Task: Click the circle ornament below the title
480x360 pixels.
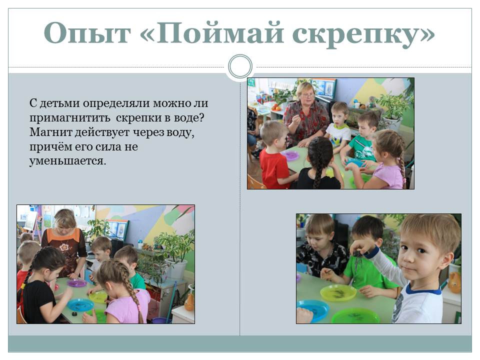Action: (x=240, y=66)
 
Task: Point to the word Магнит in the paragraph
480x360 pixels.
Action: (x=51, y=132)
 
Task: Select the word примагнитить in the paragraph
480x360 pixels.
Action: (x=70, y=118)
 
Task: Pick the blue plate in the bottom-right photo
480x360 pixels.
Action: (x=313, y=309)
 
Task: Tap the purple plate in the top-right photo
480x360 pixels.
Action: (x=290, y=155)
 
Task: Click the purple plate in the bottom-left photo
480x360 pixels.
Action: (x=77, y=283)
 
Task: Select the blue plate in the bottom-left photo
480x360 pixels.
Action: (x=80, y=305)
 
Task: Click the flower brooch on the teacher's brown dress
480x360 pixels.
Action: (x=64, y=246)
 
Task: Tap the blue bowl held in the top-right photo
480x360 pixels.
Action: (x=354, y=162)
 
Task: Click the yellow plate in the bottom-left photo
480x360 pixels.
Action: (x=98, y=296)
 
